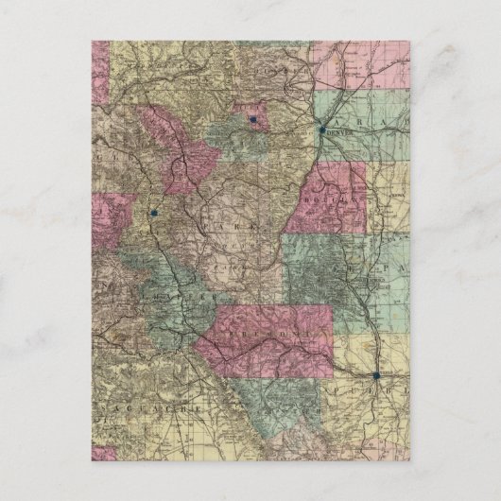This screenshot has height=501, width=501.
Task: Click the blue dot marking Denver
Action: coord(322,130)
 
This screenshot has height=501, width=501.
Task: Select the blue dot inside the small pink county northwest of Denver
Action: coord(253,120)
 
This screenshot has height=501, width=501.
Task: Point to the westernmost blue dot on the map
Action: coord(152,214)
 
